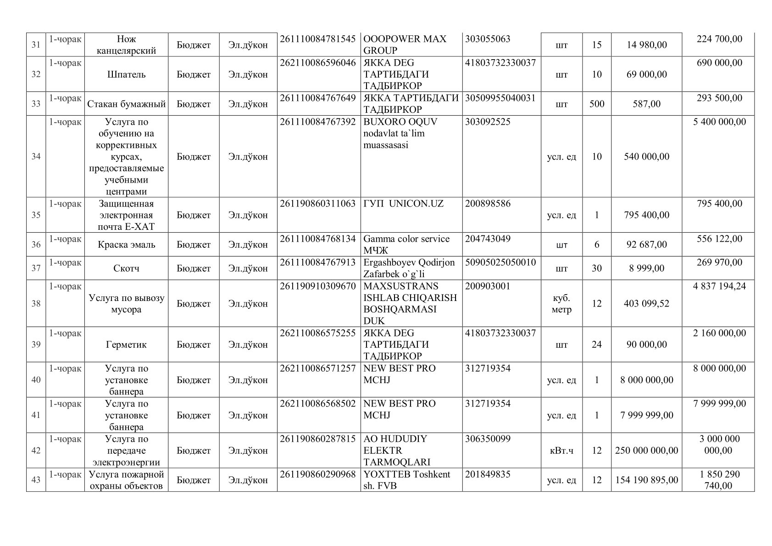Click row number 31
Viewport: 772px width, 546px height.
click(x=36, y=45)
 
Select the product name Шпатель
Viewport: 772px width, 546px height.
click(x=126, y=74)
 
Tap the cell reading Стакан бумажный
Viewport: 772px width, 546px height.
click(x=126, y=104)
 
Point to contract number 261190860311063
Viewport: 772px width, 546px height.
click(x=317, y=204)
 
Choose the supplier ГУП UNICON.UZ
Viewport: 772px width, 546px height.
click(x=403, y=204)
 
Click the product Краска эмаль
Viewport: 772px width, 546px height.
click(x=126, y=245)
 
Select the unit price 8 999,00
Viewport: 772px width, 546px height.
click(x=646, y=268)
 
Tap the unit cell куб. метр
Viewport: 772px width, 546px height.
click(x=561, y=304)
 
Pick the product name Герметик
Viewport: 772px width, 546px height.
click(x=126, y=345)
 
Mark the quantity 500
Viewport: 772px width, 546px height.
click(x=596, y=104)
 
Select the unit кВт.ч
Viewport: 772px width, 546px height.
click(x=561, y=451)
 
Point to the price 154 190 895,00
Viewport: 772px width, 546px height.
click(x=646, y=480)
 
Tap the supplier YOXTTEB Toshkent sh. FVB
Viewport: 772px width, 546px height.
click(x=406, y=480)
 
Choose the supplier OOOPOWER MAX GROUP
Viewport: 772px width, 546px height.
click(x=405, y=45)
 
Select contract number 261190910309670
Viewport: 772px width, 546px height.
click(x=317, y=286)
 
